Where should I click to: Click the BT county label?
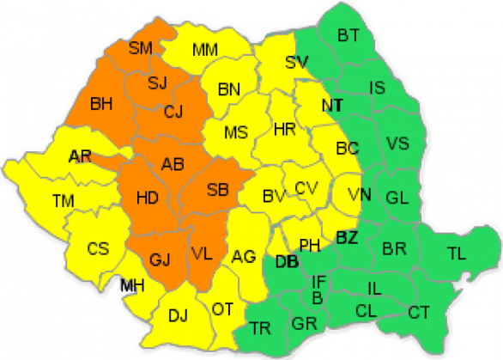tap(348, 35)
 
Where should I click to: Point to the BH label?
tap(102, 104)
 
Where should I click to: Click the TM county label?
tap(63, 200)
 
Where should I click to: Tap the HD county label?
tap(148, 198)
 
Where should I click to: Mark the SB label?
tap(217, 188)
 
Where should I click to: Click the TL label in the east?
tap(458, 253)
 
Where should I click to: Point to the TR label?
tap(260, 327)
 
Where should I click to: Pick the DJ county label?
tap(178, 315)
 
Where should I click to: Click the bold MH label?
tap(131, 285)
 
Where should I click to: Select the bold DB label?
tap(286, 262)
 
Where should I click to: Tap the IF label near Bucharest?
tap(318, 280)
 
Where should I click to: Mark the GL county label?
tap(397, 197)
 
